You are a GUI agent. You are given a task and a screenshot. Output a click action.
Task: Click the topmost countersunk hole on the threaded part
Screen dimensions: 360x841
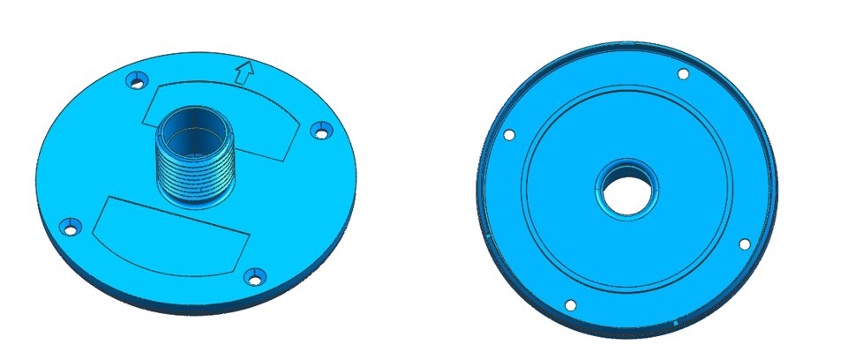(x=135, y=81)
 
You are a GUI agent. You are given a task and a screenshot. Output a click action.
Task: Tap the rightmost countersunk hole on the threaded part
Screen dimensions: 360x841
(x=320, y=131)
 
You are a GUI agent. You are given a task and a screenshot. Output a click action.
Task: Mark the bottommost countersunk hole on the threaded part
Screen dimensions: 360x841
(x=255, y=277)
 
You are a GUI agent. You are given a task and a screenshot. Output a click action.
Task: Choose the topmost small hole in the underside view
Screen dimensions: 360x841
(x=682, y=74)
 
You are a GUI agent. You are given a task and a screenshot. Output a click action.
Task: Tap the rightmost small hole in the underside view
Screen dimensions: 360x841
(x=744, y=244)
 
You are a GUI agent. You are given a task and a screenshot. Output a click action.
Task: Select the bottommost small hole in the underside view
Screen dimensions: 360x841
(x=570, y=305)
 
